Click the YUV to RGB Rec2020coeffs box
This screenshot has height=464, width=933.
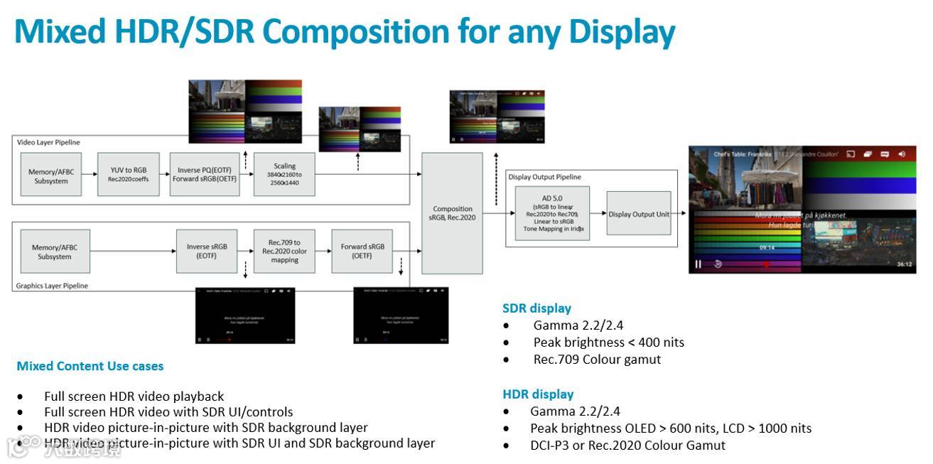point(129,174)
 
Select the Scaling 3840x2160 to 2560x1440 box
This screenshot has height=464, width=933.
point(284,174)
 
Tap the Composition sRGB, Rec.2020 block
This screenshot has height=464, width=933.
point(453,213)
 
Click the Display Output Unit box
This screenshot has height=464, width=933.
point(638,214)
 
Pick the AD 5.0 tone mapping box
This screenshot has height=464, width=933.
point(551,213)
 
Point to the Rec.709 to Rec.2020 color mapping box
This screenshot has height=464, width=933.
point(284,251)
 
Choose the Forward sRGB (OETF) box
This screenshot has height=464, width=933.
point(362,251)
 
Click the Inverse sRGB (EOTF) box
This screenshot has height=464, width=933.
point(207,251)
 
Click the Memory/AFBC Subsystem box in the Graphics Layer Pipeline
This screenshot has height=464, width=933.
point(55,252)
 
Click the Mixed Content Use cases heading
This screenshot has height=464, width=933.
point(90,366)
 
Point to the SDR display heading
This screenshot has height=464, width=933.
point(536,308)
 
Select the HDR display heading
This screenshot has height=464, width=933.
point(538,394)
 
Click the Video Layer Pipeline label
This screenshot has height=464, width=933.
point(48,142)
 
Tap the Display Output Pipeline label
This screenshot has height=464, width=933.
point(544,177)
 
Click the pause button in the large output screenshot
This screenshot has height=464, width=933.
point(698,264)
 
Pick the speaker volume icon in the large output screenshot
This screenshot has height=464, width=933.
point(902,153)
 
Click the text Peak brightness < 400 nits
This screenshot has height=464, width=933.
point(608,342)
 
